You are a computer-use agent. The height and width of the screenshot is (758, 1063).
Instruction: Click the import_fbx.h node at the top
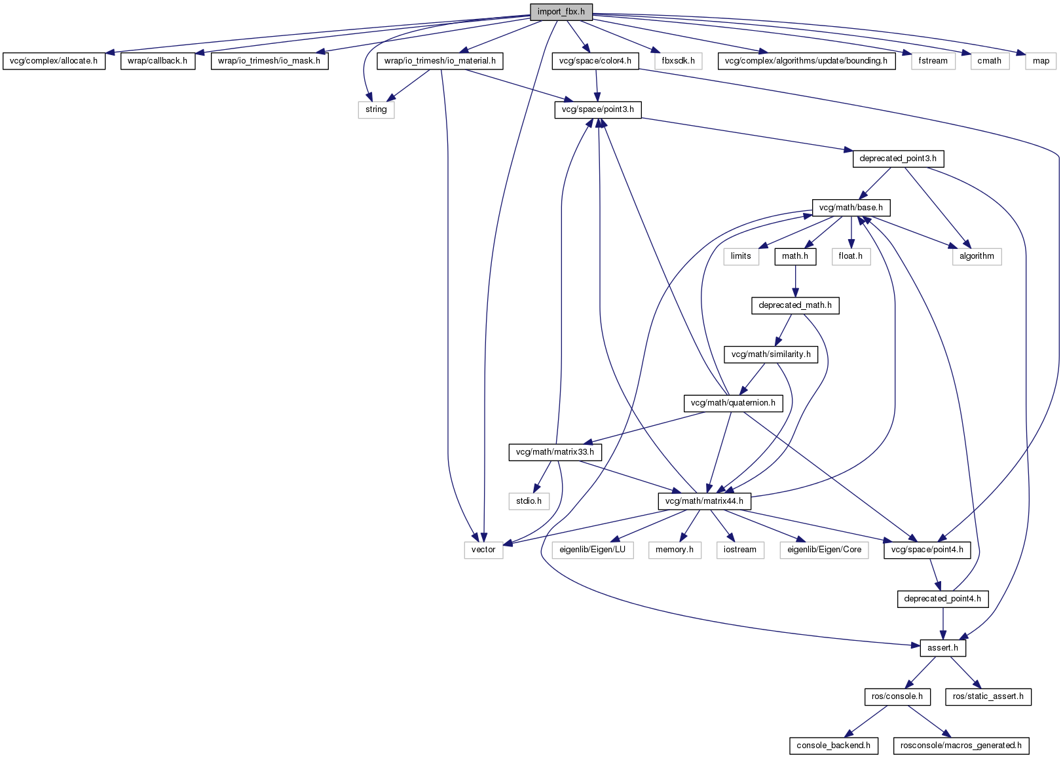tap(561, 12)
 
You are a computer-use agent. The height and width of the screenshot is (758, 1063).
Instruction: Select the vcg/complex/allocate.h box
tap(54, 61)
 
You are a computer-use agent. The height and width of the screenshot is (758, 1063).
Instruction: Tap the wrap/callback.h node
tap(157, 61)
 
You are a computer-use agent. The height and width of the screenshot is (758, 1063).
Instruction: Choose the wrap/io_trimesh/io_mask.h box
tap(269, 61)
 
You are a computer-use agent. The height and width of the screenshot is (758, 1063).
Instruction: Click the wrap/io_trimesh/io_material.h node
tap(439, 61)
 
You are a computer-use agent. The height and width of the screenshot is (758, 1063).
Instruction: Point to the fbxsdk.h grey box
tap(678, 61)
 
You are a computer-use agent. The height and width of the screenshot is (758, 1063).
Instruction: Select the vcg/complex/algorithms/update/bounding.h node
tap(806, 61)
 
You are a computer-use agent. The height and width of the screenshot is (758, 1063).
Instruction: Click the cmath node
tap(989, 61)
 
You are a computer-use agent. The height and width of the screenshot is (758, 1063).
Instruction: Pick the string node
tap(376, 109)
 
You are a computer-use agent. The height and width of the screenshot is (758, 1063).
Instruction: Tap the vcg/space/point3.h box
tap(597, 109)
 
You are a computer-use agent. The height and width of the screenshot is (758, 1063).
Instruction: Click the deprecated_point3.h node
tap(897, 159)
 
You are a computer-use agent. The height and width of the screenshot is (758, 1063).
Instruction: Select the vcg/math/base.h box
tap(851, 208)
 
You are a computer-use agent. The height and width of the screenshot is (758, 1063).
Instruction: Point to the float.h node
tap(850, 256)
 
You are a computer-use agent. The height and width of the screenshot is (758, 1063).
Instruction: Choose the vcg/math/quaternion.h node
tap(732, 403)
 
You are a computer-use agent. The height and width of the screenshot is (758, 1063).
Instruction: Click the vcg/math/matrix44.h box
tap(703, 501)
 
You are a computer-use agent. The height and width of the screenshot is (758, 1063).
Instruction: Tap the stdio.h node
tap(529, 501)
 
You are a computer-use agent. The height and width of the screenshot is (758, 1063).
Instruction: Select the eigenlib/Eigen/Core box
tap(824, 550)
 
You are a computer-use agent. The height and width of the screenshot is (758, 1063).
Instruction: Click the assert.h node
tap(942, 648)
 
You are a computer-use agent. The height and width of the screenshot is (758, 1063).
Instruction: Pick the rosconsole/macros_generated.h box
tap(961, 746)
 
